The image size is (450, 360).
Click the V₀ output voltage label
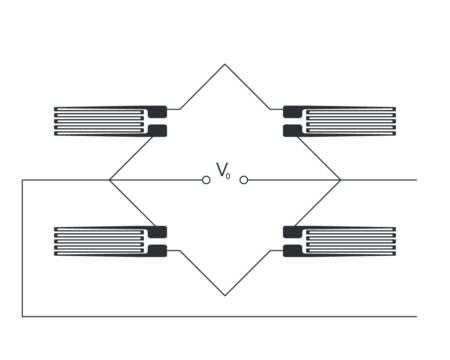[x=223, y=171]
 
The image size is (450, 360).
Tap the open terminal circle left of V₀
[x=206, y=180]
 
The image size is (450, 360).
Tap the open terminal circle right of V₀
[x=244, y=180]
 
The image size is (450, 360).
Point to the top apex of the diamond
[x=225, y=65]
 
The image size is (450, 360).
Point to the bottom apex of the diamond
[x=225, y=296]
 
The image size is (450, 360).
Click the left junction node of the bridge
[x=109, y=180]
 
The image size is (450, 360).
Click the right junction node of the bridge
[x=341, y=180]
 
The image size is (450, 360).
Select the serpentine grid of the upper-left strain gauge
[x=100, y=120]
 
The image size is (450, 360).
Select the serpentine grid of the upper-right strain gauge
[x=350, y=120]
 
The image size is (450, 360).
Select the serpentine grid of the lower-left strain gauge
[x=100, y=241]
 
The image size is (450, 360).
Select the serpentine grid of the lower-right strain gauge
[x=350, y=241]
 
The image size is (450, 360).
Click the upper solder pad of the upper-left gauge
[x=157, y=110]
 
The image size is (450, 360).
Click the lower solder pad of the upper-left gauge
[x=157, y=130]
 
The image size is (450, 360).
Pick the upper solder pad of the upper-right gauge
[x=293, y=110]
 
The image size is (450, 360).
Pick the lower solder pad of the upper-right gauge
[x=293, y=130]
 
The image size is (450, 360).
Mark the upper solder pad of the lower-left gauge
[x=157, y=232]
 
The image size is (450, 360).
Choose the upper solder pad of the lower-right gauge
[x=293, y=232]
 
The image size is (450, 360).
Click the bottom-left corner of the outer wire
[x=22, y=316]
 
